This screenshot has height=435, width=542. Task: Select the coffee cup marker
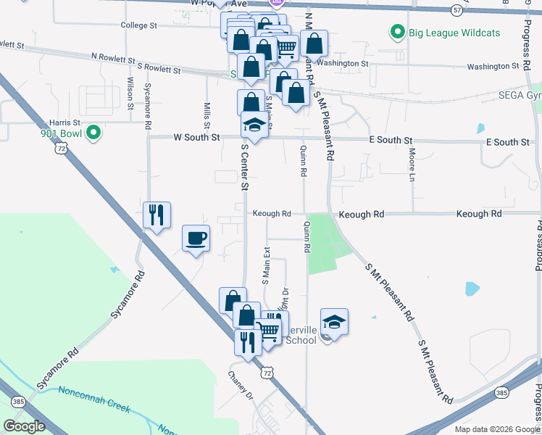click(x=196, y=239)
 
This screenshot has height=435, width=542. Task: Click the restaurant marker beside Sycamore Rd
click(x=157, y=215)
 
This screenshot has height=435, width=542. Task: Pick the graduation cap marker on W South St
click(x=254, y=126)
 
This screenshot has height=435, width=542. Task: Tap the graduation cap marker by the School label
click(x=334, y=323)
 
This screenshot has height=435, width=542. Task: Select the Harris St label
click(x=63, y=123)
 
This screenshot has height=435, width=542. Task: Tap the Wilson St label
click(x=130, y=93)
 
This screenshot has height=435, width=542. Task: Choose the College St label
click(x=139, y=25)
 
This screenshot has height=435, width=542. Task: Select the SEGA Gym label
click(x=520, y=96)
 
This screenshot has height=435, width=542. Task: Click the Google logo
click(x=24, y=426)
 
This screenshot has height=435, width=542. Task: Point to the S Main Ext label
click(x=266, y=264)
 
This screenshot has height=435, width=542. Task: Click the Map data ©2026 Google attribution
click(x=496, y=429)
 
